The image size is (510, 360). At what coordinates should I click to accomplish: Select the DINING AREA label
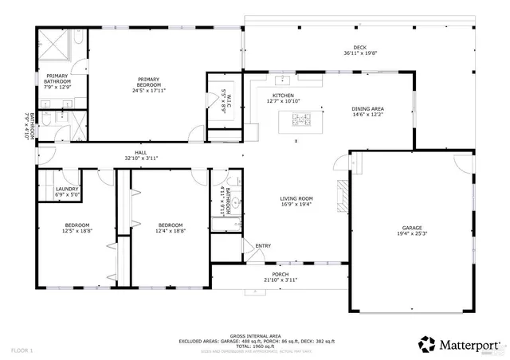click(368, 108)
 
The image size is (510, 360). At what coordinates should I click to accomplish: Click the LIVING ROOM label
click(296, 198)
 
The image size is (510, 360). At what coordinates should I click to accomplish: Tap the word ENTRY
click(263, 245)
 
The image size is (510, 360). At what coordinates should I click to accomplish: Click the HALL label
click(141, 152)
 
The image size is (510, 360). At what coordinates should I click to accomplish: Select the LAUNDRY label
click(67, 189)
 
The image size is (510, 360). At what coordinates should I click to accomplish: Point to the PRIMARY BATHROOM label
click(57, 79)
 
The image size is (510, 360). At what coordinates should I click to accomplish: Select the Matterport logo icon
click(427, 343)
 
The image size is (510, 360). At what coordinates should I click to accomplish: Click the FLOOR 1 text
click(22, 350)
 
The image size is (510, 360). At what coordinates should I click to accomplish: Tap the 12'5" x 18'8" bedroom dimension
click(77, 231)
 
